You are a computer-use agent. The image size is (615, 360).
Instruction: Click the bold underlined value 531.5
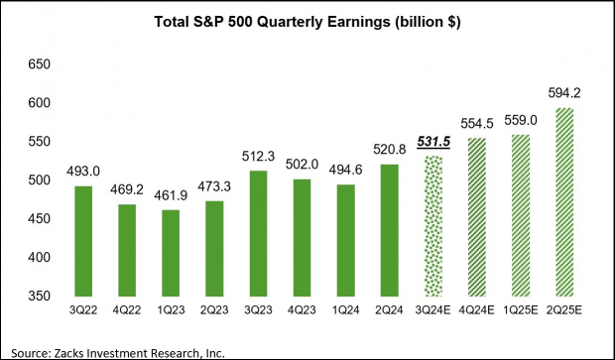[x=431, y=143]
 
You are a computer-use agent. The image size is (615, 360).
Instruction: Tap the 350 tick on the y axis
[x=37, y=297]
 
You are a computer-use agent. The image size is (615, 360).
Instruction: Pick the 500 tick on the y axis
[x=37, y=180]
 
